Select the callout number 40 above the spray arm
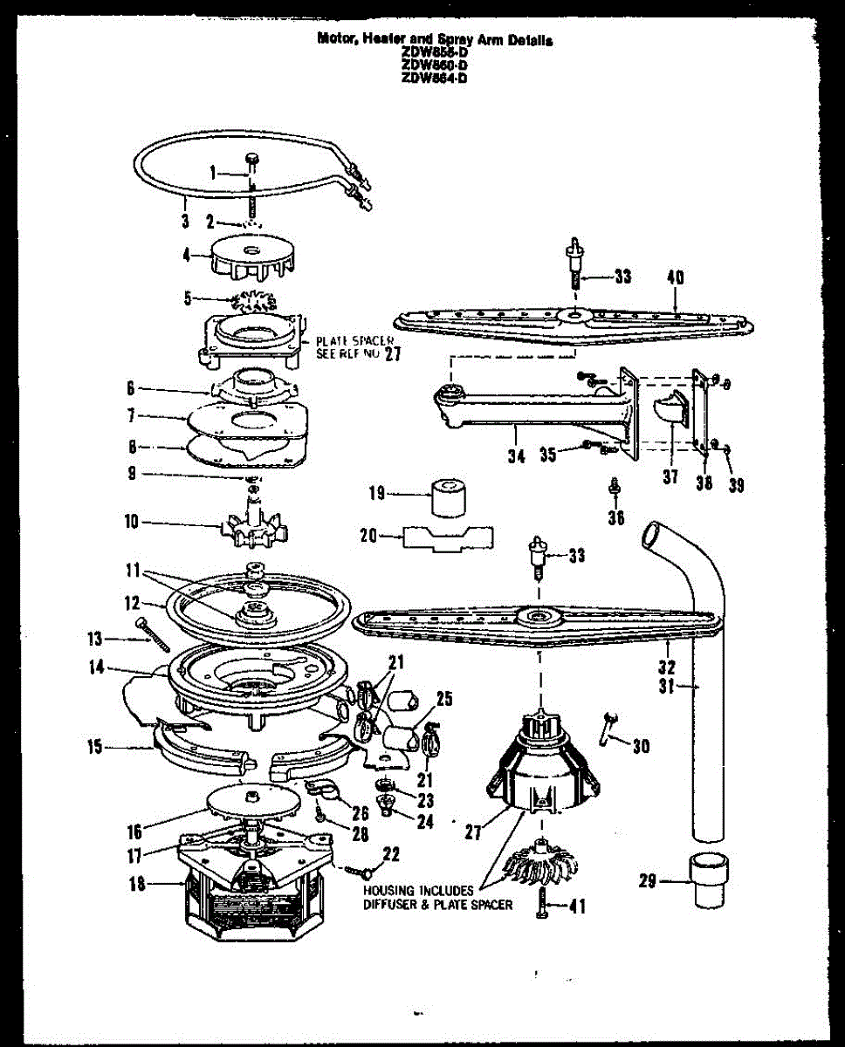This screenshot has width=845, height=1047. coord(675,277)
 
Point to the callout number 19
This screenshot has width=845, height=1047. coord(376,494)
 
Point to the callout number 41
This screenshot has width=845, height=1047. coord(577,907)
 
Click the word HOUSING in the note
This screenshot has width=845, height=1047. coord(390,890)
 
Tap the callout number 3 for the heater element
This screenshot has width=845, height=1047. coord(185,221)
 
